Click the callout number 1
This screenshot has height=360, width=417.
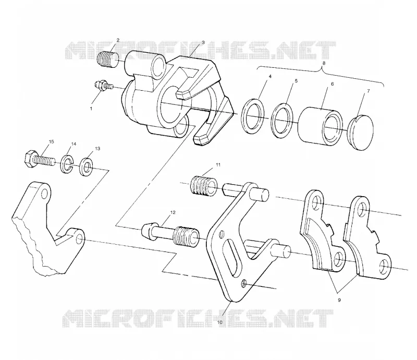(x=91, y=109)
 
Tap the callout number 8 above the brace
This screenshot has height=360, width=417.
(x=324, y=63)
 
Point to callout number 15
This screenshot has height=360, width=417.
(x=51, y=141)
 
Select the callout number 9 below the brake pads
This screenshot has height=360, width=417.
(x=339, y=300)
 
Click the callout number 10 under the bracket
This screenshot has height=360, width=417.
(x=219, y=322)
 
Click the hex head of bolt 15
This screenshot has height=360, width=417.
(x=29, y=159)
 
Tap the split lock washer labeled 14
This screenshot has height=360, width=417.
(x=67, y=163)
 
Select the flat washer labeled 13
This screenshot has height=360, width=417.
(x=87, y=166)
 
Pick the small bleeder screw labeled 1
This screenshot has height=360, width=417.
(x=104, y=85)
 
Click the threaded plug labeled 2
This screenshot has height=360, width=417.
(x=108, y=61)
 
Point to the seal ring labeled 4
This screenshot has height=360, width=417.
(x=253, y=117)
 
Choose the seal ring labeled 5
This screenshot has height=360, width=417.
(x=283, y=121)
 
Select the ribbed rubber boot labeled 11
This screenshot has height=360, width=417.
(x=204, y=186)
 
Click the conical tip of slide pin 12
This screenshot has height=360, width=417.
(x=147, y=230)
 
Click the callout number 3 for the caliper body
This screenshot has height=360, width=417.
(x=203, y=42)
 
